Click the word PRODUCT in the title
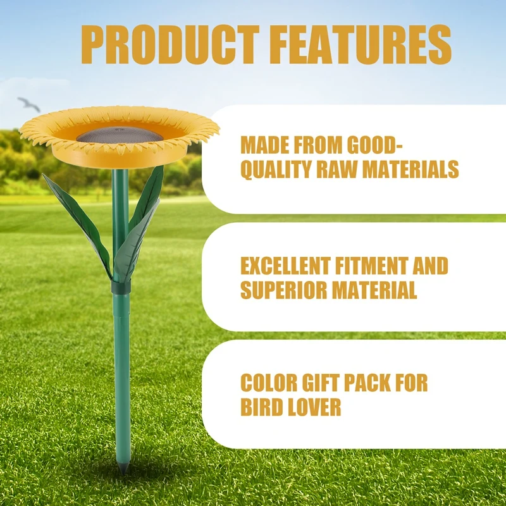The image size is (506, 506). point(170,44)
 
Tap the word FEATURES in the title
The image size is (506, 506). point(364,44)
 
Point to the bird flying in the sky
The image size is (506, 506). point(29,104)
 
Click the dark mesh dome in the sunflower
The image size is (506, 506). point(120,135)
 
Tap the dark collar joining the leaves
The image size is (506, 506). point(121,287)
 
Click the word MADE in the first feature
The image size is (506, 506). point(264,145)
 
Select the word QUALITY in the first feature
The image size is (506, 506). point(276,169)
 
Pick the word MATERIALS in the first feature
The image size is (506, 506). point(410,169)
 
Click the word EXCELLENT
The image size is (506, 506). point(286,266)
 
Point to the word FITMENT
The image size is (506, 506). point(371,266)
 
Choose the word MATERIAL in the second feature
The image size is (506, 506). point(374,290)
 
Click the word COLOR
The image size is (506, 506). point(268,383)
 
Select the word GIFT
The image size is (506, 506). point(321,383)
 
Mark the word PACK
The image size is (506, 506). point(367,383)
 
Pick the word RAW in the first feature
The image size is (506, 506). point(337,169)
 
